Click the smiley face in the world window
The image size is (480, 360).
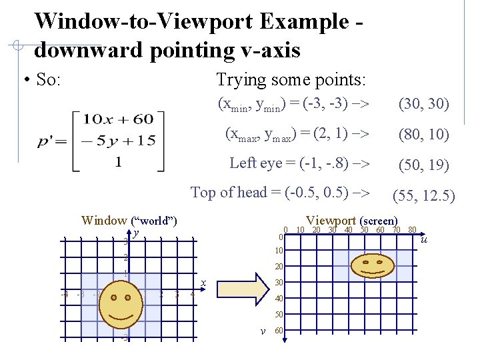click(x=121, y=308)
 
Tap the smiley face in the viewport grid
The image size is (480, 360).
click(x=372, y=265)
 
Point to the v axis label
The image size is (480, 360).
click(x=263, y=331)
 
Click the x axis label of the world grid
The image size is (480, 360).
click(x=203, y=283)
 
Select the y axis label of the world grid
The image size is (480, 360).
click(x=135, y=233)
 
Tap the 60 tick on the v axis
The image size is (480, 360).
click(x=279, y=331)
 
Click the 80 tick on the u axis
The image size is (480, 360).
click(x=412, y=230)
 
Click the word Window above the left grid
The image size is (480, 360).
click(x=104, y=221)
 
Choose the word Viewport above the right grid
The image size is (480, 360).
click(x=331, y=220)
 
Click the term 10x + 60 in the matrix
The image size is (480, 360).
click(x=119, y=120)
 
